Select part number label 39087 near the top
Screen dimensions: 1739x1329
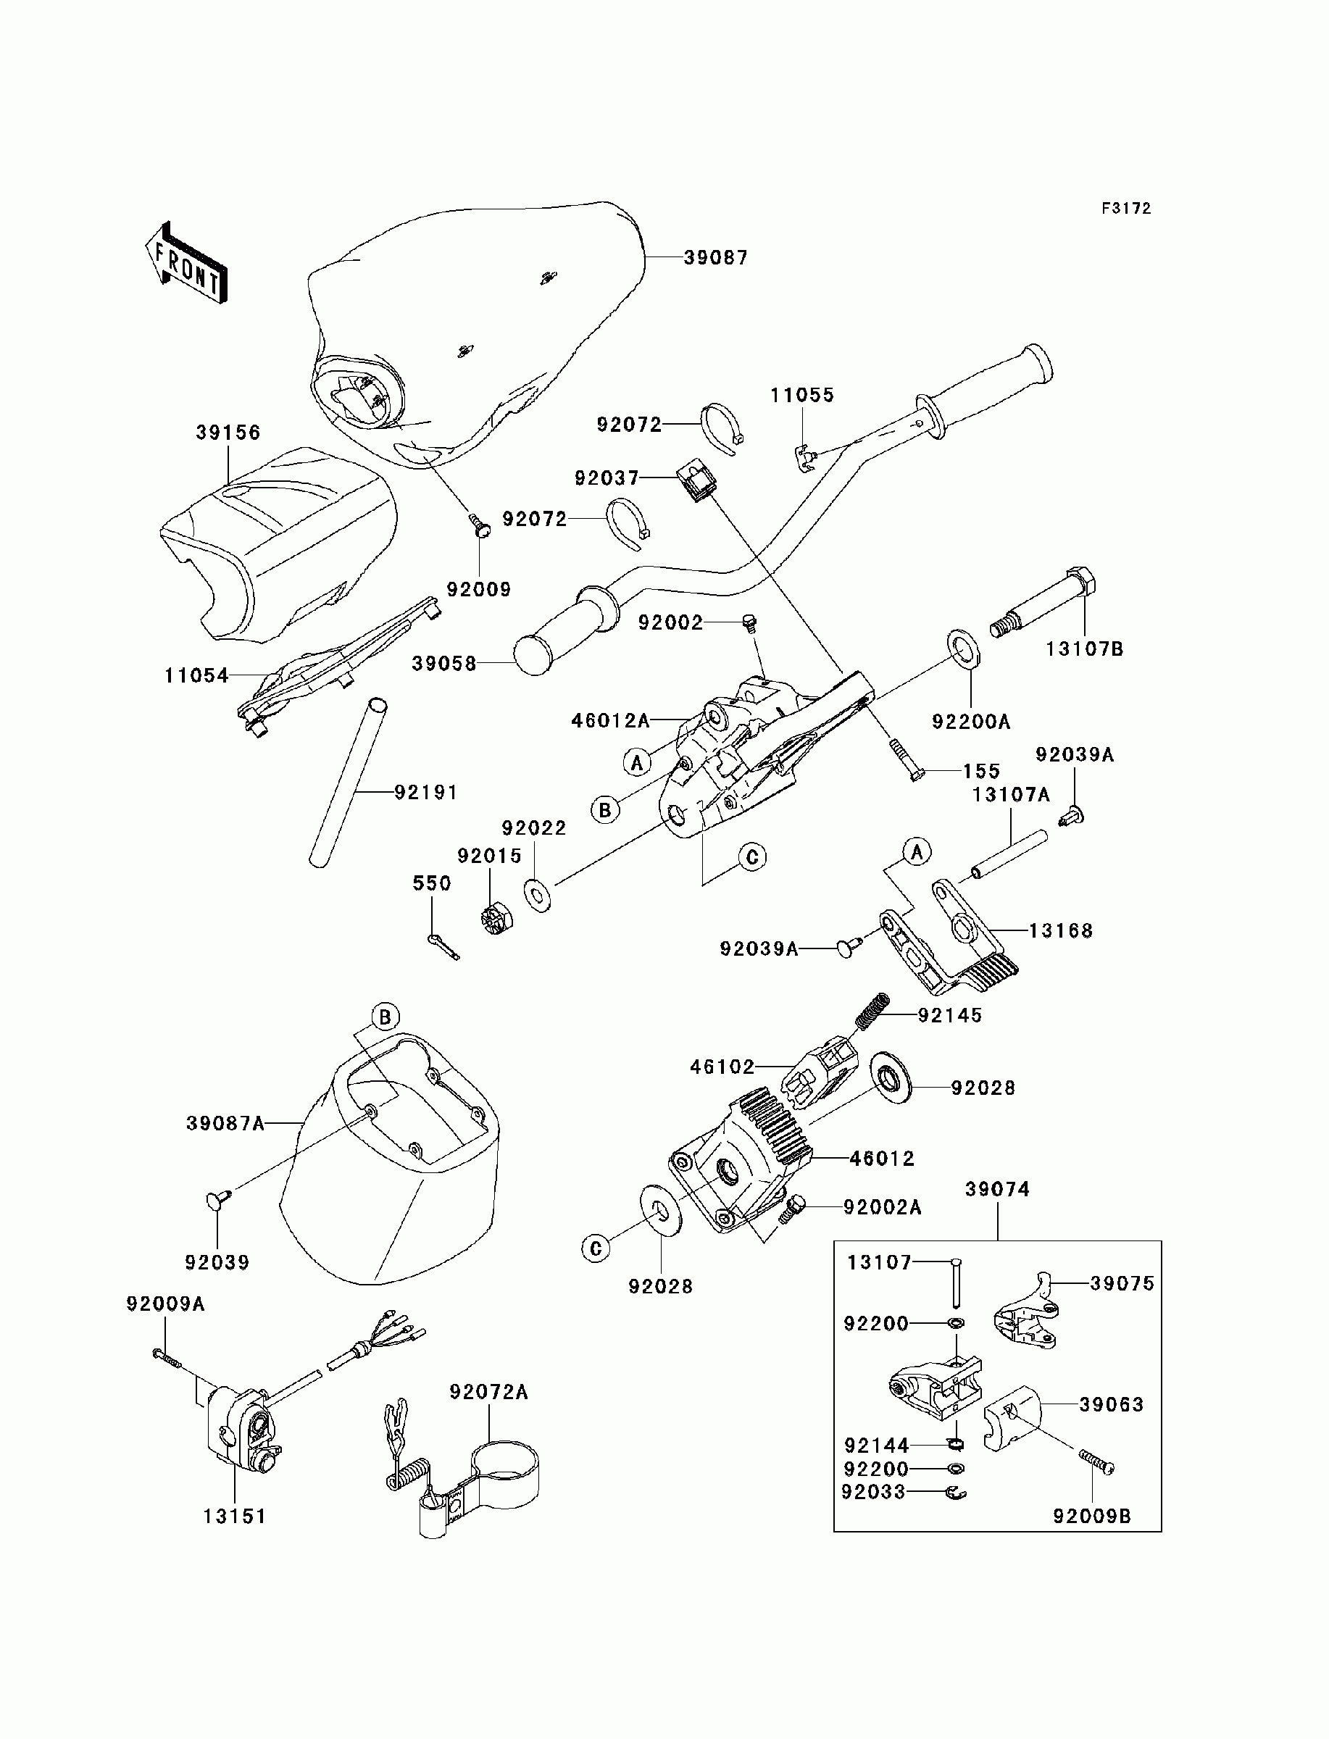click(x=715, y=258)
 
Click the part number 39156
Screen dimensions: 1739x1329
click(x=228, y=433)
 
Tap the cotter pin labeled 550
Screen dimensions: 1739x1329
click(x=443, y=945)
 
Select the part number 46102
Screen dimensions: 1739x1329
click(x=722, y=1067)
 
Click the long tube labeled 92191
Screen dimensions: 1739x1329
click(x=348, y=783)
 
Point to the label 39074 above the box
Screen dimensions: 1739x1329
click(x=998, y=1189)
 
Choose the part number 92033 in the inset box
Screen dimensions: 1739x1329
click(x=872, y=1492)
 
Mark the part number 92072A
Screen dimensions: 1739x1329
click(x=488, y=1392)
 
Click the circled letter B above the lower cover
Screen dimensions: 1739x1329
click(x=386, y=1017)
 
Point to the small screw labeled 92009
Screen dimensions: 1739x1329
click(x=478, y=525)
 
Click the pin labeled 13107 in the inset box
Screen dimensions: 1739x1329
click(x=956, y=1282)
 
